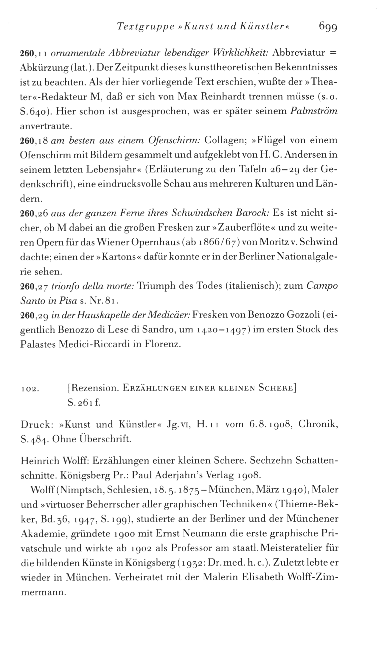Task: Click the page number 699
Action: (x=328, y=27)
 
